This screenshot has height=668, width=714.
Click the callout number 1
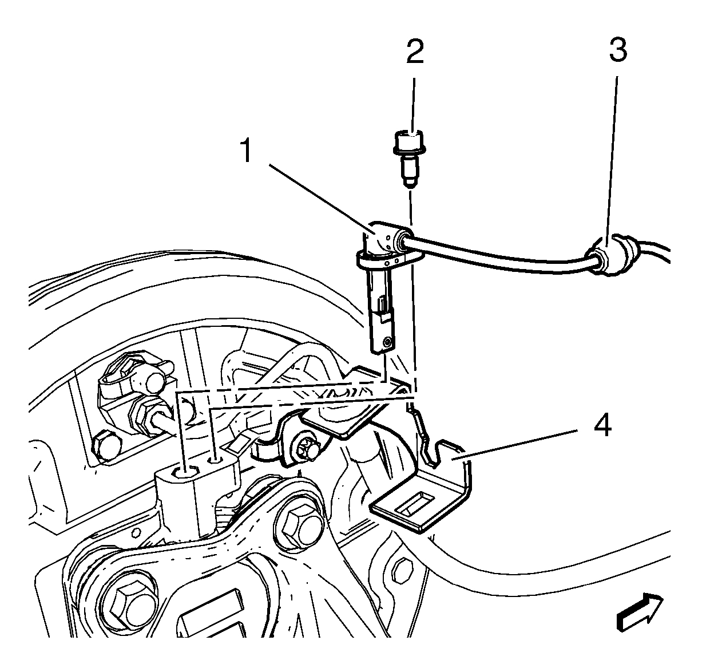(x=247, y=151)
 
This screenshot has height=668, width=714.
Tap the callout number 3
(x=617, y=50)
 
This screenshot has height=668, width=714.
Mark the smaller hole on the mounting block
(x=214, y=459)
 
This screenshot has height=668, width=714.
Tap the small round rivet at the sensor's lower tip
(x=388, y=342)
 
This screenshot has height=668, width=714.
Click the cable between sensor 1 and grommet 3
(x=503, y=255)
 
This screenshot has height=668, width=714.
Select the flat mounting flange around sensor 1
(x=390, y=262)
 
